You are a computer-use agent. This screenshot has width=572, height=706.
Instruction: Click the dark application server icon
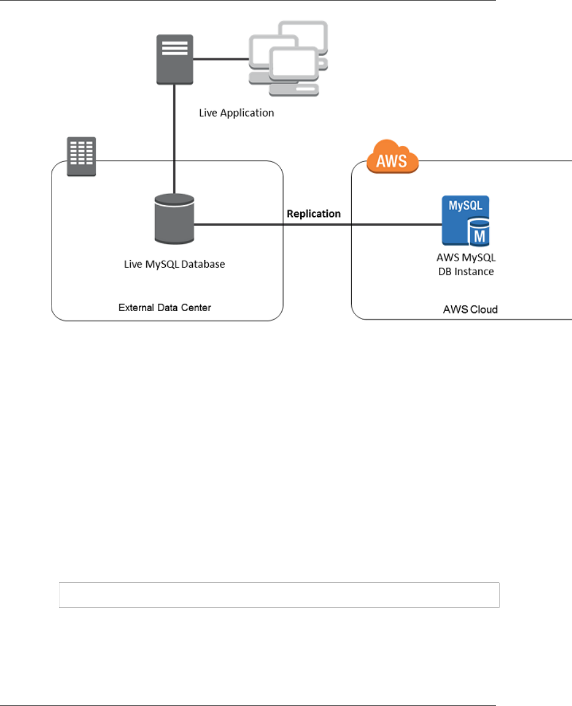pyautogui.click(x=174, y=59)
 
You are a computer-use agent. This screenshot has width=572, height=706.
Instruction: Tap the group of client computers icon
pyautogui.click(x=289, y=58)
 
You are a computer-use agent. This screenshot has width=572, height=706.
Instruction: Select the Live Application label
pyautogui.click(x=236, y=113)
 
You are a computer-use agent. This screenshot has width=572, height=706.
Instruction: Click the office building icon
pyautogui.click(x=82, y=156)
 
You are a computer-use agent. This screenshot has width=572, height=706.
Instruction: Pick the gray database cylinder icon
pyautogui.click(x=174, y=219)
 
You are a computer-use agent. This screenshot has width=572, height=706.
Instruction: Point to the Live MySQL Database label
pyautogui.click(x=174, y=264)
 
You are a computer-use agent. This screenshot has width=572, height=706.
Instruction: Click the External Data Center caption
pyautogui.click(x=165, y=307)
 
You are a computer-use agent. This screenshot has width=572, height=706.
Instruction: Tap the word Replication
pyautogui.click(x=314, y=214)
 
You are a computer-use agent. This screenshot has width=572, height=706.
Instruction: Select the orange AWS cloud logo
pyautogui.click(x=392, y=157)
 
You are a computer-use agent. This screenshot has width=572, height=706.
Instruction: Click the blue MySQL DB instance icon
pyautogui.click(x=466, y=220)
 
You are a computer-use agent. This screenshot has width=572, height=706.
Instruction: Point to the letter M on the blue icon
pyautogui.click(x=479, y=236)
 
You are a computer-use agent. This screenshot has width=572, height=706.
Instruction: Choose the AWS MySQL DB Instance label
pyautogui.click(x=466, y=264)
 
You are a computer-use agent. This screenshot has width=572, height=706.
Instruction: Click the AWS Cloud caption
pyautogui.click(x=470, y=310)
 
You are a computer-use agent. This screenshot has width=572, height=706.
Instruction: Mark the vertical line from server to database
pyautogui.click(x=174, y=138)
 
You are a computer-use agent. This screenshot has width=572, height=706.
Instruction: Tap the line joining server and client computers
pyautogui.click(x=221, y=59)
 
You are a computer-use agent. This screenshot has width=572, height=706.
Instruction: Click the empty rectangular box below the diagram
pyautogui.click(x=279, y=595)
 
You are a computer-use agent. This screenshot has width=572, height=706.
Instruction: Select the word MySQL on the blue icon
pyautogui.click(x=466, y=206)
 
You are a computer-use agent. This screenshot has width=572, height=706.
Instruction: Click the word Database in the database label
pyautogui.click(x=203, y=264)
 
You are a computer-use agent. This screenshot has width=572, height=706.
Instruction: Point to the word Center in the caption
pyautogui.click(x=196, y=307)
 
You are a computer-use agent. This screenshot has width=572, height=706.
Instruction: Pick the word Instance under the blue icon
pyautogui.click(x=474, y=271)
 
